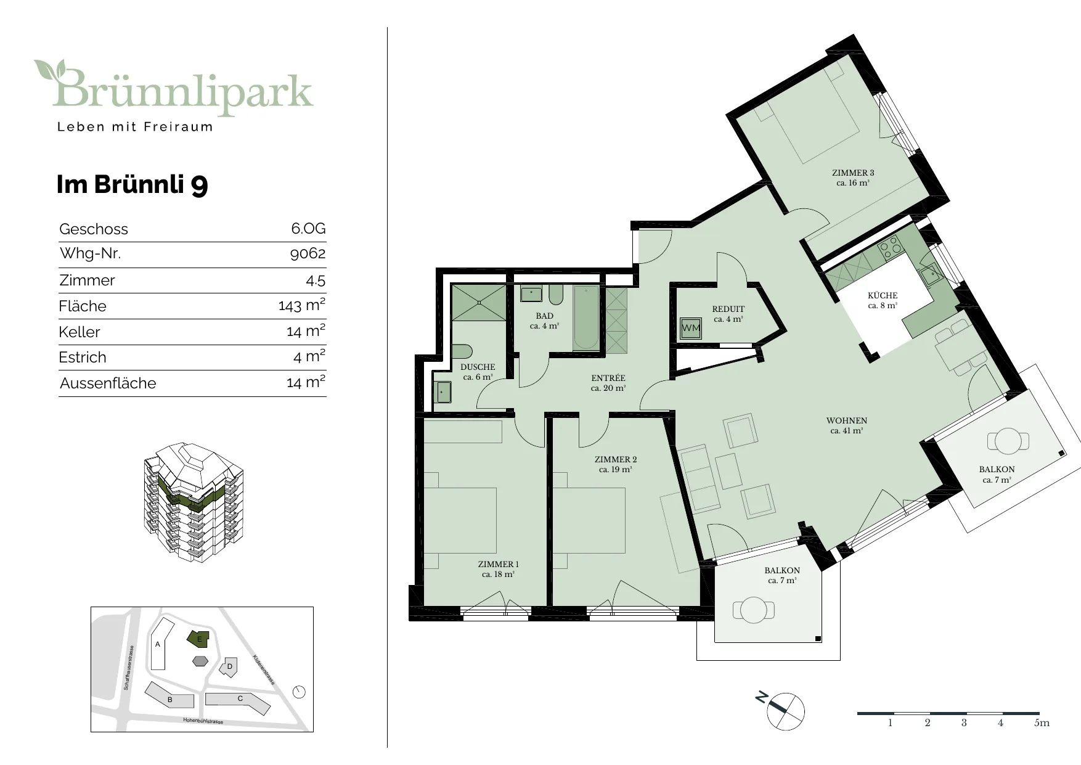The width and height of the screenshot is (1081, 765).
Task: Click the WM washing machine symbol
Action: [x=691, y=328]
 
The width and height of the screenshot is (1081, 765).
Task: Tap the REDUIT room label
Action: [x=728, y=309]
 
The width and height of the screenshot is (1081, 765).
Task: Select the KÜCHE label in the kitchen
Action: [x=883, y=295]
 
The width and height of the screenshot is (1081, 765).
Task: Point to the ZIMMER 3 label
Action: [x=853, y=173]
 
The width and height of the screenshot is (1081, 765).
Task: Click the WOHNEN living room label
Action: [x=847, y=420]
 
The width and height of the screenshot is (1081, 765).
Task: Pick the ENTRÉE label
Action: [x=608, y=378]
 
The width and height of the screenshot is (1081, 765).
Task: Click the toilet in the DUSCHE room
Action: [x=462, y=351]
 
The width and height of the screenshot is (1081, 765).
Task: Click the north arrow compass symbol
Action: [x=785, y=711]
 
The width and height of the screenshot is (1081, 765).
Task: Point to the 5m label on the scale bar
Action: [x=1042, y=723]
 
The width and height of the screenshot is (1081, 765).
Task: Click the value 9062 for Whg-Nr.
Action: [x=308, y=253]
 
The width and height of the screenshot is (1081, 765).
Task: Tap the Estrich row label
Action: [x=83, y=358]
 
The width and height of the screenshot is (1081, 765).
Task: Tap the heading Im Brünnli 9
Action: [x=133, y=184]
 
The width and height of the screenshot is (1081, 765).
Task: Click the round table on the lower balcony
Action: [x=753, y=610]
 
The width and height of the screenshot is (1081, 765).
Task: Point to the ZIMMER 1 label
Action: [x=499, y=564]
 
